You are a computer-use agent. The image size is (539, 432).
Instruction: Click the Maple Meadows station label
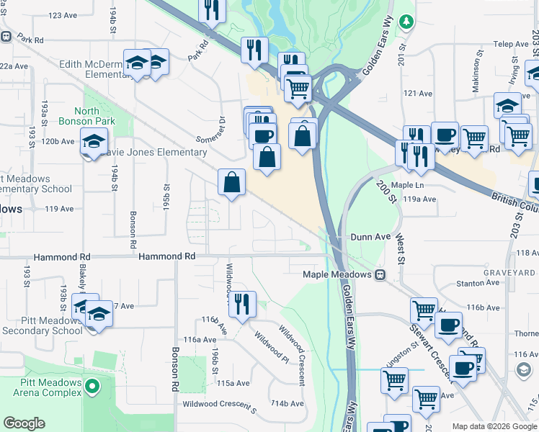pos(337,274)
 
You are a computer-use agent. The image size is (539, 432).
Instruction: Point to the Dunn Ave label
pos(370,236)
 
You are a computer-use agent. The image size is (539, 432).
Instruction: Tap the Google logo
pos(24,423)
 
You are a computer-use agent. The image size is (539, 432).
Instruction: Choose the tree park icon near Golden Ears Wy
pos(407,22)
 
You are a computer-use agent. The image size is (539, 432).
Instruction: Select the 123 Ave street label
pos(63,14)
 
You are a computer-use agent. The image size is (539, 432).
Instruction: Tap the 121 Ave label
pos(418,94)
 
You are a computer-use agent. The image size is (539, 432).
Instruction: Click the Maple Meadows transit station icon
pos(379,274)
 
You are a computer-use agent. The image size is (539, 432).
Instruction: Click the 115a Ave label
pos(233,383)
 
